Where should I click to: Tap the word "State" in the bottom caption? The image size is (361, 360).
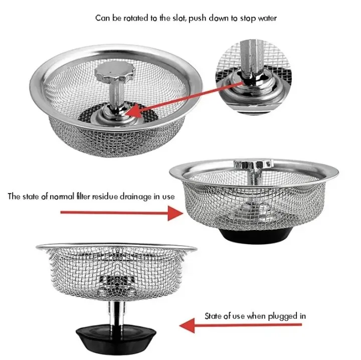point(213,316)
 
